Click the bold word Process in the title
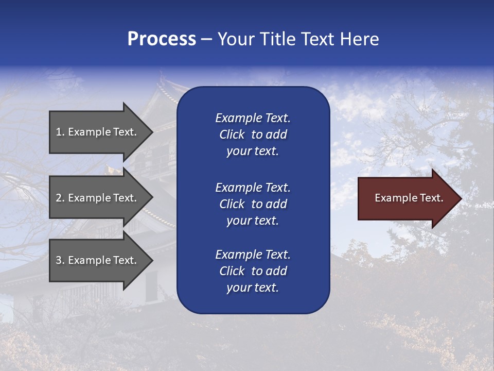tap(162, 39)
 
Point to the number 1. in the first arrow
tap(60, 132)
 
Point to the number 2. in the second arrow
tap(60, 198)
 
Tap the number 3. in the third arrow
tap(60, 260)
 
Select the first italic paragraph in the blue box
tap(253, 134)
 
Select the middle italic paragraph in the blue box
tap(253, 204)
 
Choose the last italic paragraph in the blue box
tap(253, 271)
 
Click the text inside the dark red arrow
tap(409, 198)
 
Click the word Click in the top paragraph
tap(232, 134)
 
